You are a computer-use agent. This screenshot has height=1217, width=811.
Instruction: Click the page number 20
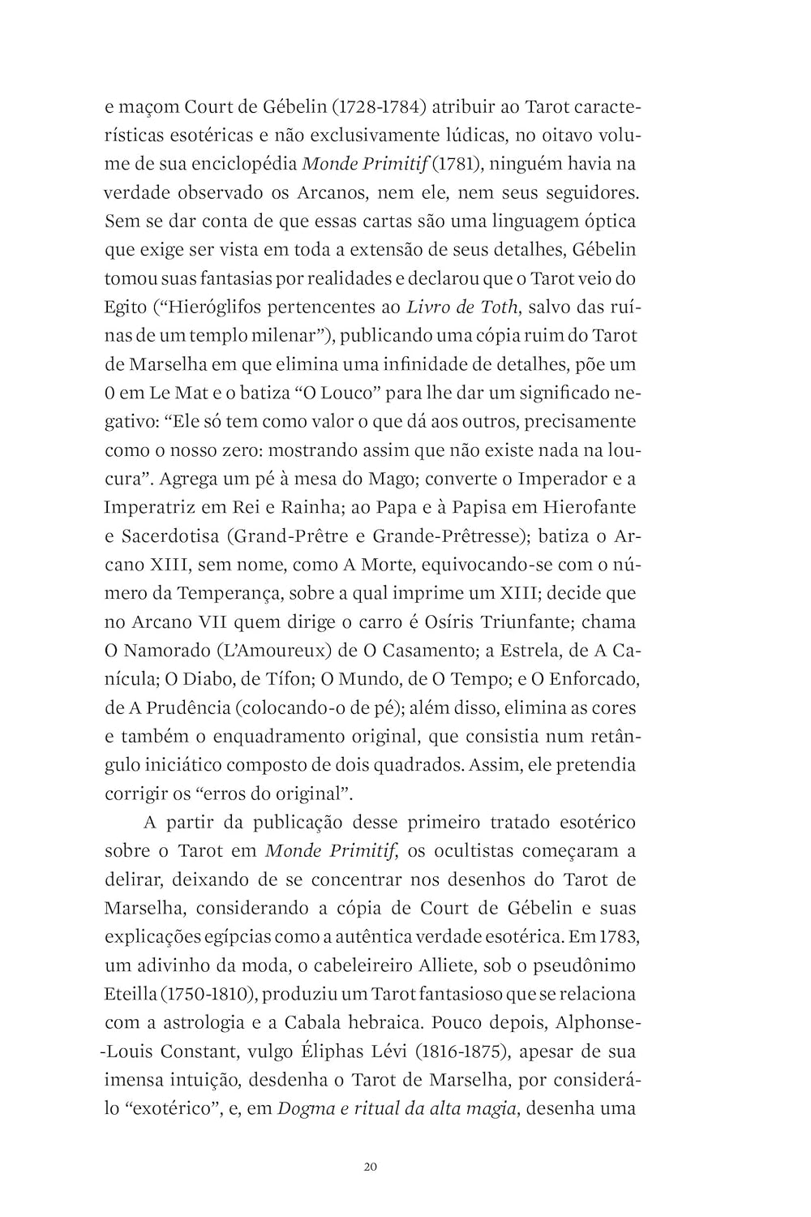[371, 1168]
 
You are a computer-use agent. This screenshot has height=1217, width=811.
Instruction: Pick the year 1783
[620, 937]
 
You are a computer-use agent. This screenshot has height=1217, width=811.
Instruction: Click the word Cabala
[303, 1023]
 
